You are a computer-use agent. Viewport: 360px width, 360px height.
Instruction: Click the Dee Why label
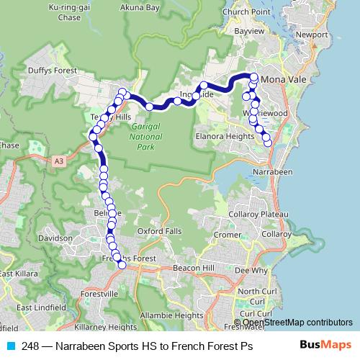point(251,271)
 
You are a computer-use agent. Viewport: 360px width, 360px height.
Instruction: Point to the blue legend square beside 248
point(10,346)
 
